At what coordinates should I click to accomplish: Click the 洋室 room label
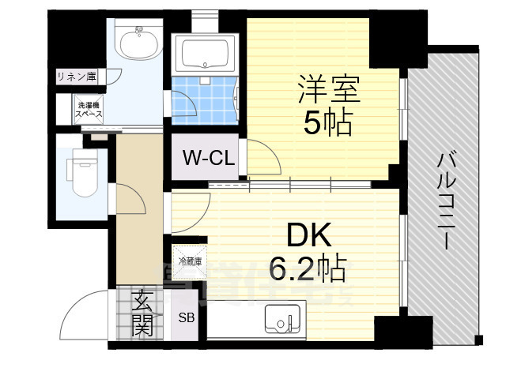tap(328, 88)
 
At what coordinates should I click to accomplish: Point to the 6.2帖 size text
tap(308, 270)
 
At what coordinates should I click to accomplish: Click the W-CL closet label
tap(208, 157)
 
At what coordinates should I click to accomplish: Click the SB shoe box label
tap(187, 319)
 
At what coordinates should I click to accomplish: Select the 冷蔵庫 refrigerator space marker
tap(190, 261)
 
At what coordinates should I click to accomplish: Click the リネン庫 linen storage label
tap(77, 77)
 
